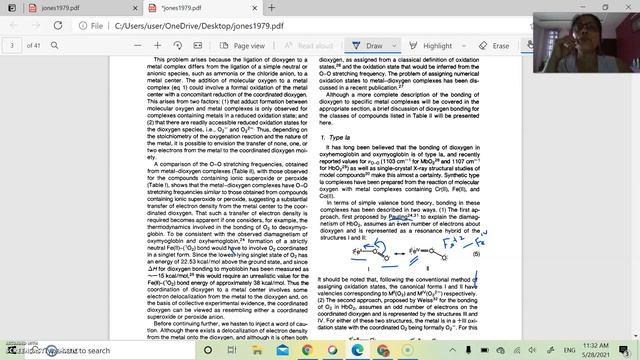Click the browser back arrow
(x=12, y=26)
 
